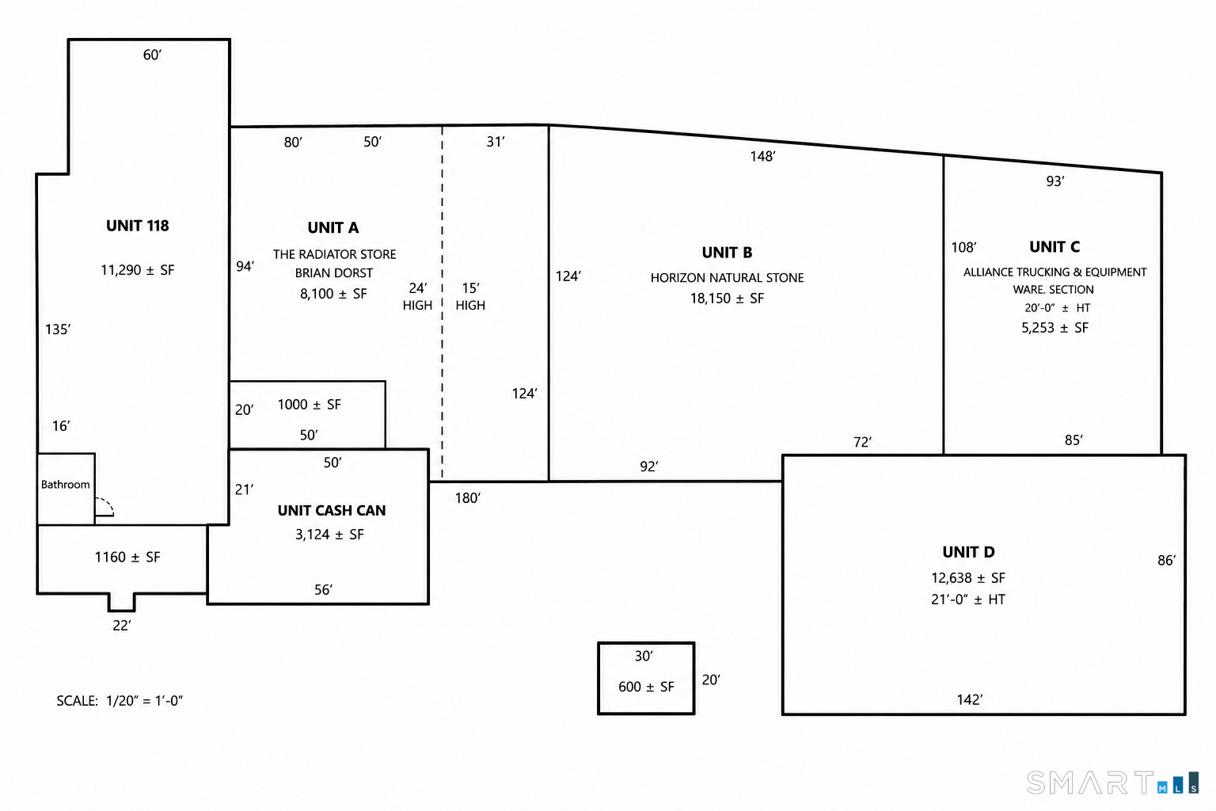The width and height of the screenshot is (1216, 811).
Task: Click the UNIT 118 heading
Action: (137, 226)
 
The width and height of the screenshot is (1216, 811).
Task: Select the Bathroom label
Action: (65, 484)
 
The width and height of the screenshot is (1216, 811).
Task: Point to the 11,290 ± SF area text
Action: (137, 270)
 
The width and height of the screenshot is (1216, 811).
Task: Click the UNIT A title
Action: (332, 227)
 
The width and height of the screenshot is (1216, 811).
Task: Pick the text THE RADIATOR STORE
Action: (334, 254)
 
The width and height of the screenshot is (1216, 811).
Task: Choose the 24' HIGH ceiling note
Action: (417, 296)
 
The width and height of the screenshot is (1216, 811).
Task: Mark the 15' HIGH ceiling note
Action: (470, 296)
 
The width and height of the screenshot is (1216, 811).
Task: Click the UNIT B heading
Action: (727, 253)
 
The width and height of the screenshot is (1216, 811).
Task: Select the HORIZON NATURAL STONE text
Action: (727, 277)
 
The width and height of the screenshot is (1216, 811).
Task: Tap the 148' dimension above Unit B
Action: (762, 157)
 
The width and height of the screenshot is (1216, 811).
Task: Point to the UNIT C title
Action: (1054, 247)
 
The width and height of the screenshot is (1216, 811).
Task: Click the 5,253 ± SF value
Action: (1054, 328)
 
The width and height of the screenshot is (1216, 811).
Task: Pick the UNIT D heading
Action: (968, 553)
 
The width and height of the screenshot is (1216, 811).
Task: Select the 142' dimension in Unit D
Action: (970, 699)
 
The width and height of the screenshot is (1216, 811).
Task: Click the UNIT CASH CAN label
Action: (332, 511)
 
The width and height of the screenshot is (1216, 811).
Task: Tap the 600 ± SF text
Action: (646, 687)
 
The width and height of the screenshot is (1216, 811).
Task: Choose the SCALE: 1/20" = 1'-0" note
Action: (120, 701)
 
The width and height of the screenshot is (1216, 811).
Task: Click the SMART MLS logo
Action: (1112, 782)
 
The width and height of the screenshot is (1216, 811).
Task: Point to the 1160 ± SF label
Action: (127, 558)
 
